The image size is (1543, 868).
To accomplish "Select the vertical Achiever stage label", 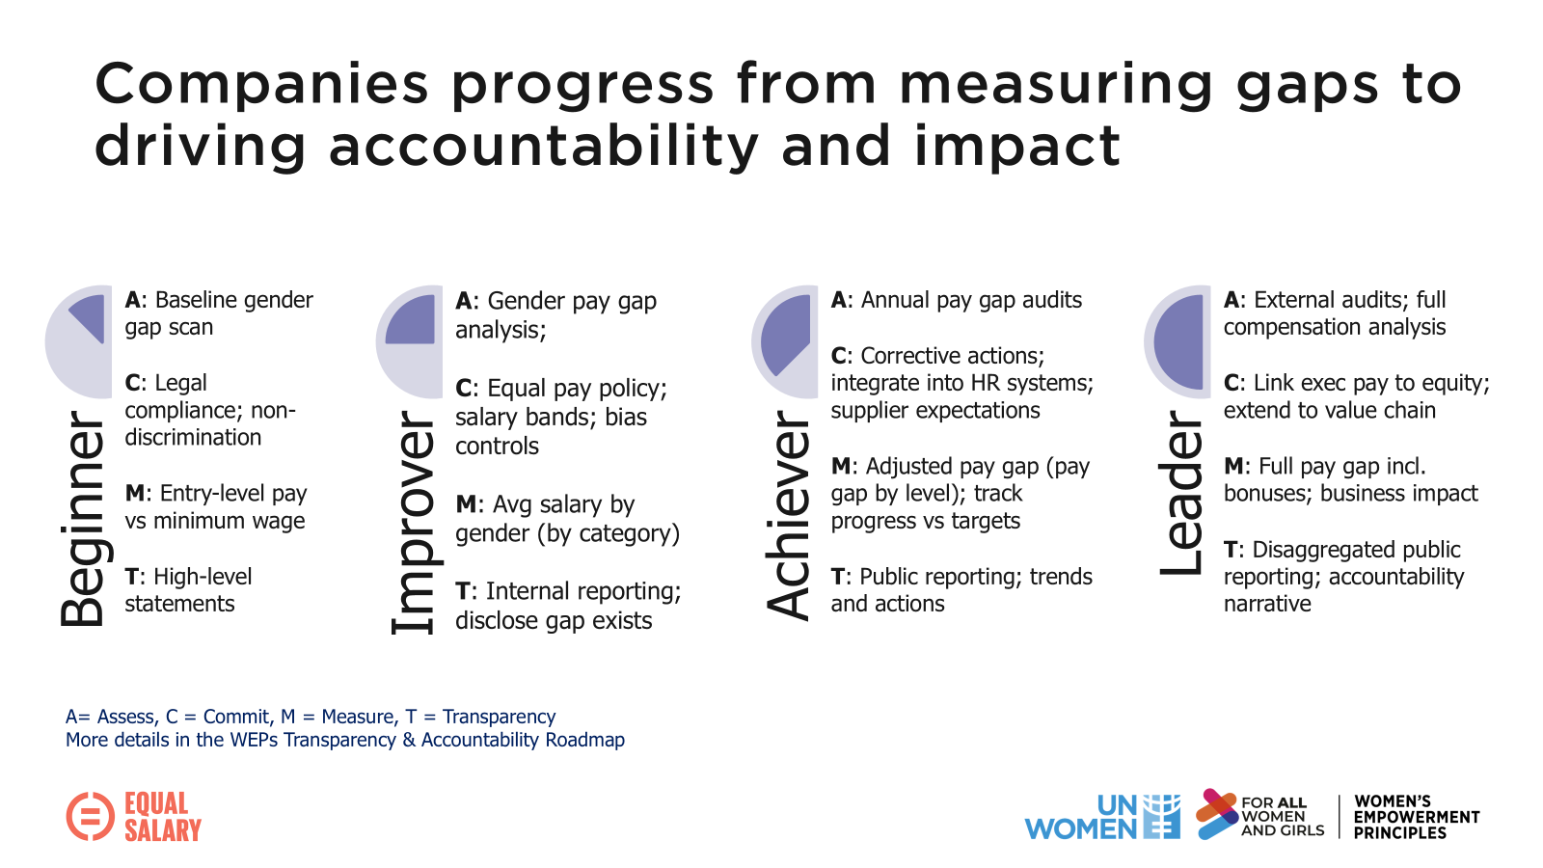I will tap(788, 514).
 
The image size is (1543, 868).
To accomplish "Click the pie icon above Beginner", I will tap(80, 341).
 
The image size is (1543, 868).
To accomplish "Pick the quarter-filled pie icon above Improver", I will tap(410, 341).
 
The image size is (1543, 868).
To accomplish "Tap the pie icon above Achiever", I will tap(785, 341).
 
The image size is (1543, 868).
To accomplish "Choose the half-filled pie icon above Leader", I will tap(1178, 341).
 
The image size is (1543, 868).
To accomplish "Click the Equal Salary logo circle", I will tap(90, 816).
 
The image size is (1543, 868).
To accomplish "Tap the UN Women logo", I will tap(1102, 817).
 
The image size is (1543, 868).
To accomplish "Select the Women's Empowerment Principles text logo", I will tap(1416, 817).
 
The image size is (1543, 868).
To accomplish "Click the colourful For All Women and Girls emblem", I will tap(1217, 814).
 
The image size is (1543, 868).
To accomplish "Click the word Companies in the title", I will tap(261, 84).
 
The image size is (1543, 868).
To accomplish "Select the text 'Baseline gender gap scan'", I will tap(219, 313).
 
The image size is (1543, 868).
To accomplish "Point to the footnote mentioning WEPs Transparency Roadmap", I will tap(345, 740).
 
